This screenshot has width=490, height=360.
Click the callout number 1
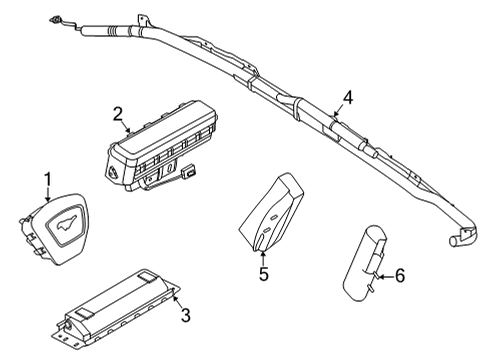(45, 179)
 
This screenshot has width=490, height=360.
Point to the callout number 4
(347, 97)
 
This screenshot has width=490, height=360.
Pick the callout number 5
(264, 273)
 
